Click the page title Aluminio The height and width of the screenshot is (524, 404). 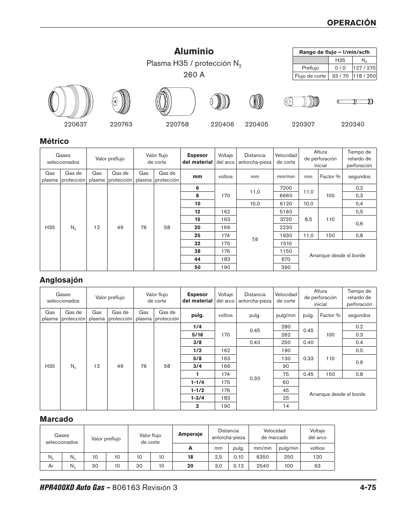tap(194, 51)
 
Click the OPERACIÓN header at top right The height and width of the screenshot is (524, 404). tap(351, 23)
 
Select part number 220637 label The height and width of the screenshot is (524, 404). tap(75, 124)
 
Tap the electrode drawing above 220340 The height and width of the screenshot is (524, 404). tap(355, 101)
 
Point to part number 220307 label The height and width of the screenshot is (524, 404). tap(303, 124)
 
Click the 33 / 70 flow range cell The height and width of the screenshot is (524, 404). tap(340, 76)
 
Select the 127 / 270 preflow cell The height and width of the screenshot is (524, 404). tap(364, 68)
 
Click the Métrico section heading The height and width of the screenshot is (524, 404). tap(54, 141)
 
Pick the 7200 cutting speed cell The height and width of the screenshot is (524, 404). tap(286, 188)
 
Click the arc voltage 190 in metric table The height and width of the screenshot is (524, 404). tap(225, 267)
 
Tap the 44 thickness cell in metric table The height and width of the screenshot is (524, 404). tap(197, 259)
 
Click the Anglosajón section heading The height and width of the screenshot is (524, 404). tap(61, 280)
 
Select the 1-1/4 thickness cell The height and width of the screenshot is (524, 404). tap(197, 382)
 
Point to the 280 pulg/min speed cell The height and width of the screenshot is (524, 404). tap(286, 327)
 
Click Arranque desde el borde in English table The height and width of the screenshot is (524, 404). tap(337, 394)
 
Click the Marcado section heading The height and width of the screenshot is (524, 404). tap(56, 419)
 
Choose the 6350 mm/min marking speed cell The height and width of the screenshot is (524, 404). tap(263, 457)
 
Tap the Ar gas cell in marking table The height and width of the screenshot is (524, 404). tap(51, 465)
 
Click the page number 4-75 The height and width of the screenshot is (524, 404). tap(365, 488)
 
